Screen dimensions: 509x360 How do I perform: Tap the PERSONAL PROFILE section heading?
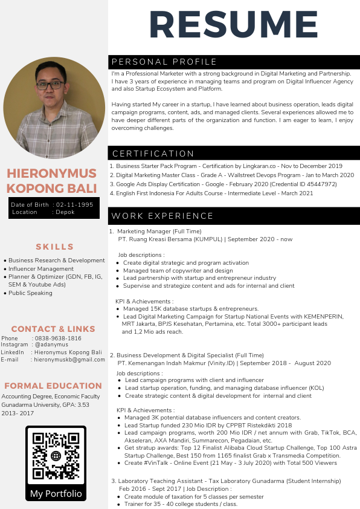164,62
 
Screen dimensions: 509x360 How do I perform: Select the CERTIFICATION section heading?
153,154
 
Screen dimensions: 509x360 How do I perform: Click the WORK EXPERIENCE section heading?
163,216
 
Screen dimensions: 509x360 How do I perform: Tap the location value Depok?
65,212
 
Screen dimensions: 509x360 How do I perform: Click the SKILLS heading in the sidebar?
54,247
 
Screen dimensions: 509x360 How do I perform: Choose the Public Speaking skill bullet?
30,293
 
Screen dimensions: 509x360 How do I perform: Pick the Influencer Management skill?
41,269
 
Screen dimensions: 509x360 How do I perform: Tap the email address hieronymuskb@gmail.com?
69,359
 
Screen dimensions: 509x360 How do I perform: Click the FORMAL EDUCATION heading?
53,386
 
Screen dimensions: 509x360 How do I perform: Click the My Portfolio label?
56,493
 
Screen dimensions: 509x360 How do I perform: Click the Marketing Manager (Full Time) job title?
159,232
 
